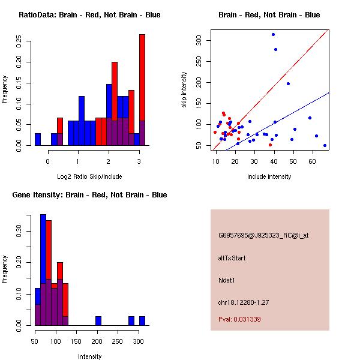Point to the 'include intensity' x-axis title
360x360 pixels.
pyautogui.click(x=269, y=176)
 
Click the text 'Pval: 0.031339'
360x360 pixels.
pyautogui.click(x=239, y=319)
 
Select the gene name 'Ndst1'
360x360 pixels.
pyautogui.click(x=227, y=280)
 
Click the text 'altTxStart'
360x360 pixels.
pyautogui.click(x=232, y=258)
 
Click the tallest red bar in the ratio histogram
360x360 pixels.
pyautogui.click(x=142, y=90)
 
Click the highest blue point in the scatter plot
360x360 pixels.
pyautogui.click(x=273, y=34)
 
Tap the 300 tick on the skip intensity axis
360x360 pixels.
pyautogui.click(x=198, y=41)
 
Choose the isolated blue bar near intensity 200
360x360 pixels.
pyautogui.click(x=98, y=320)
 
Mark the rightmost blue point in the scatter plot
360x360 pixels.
pyautogui.click(x=325, y=145)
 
